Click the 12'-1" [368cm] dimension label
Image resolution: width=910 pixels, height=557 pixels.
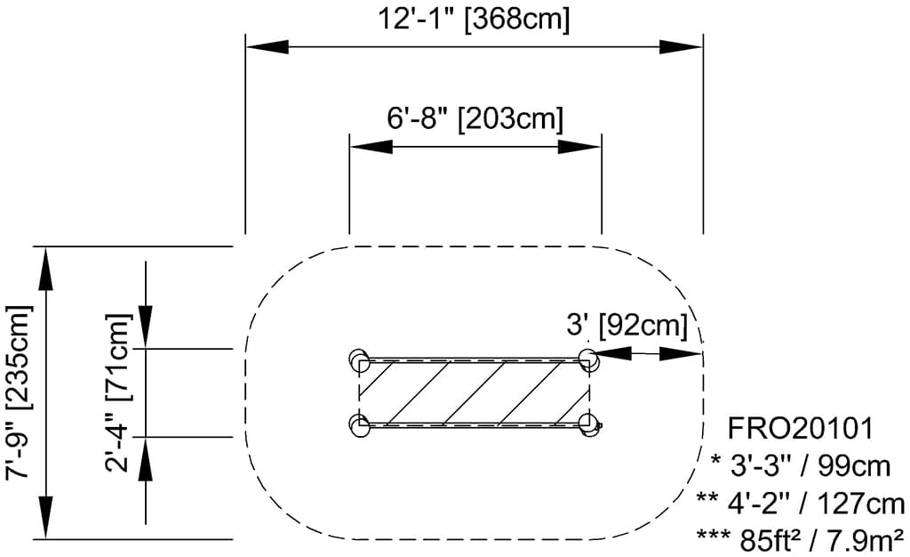click(475, 20)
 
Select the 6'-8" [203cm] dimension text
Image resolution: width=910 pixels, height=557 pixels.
click(475, 118)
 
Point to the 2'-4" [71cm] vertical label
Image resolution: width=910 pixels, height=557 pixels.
click(119, 392)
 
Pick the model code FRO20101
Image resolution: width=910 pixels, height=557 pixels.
click(801, 429)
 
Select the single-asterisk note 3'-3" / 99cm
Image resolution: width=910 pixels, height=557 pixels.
click(801, 466)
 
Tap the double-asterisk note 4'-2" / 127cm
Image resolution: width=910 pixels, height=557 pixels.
click(801, 503)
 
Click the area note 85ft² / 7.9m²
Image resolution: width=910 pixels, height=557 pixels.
click(801, 540)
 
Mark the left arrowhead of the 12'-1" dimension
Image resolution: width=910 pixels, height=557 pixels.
click(267, 47)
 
